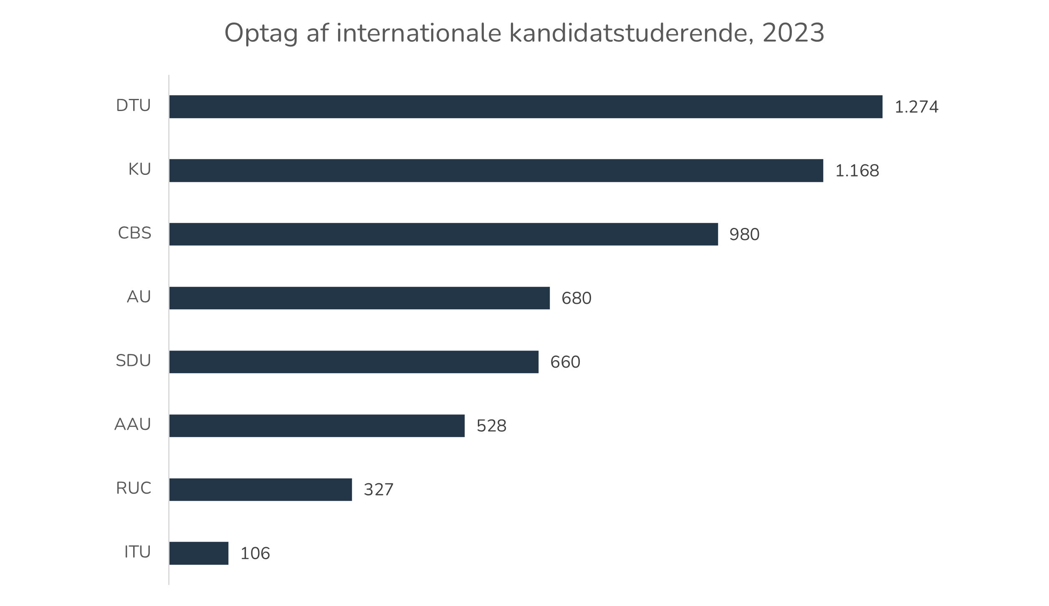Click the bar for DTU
[526, 107]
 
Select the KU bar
[496, 171]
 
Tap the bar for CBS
[444, 234]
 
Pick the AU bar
[359, 298]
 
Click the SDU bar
[354, 362]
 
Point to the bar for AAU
[317, 426]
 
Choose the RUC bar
[260, 490]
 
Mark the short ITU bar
[199, 553]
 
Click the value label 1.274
[916, 107]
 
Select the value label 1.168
[857, 171]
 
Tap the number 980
[744, 235]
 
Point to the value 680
[576, 298]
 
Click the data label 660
[565, 362]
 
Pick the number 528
[491, 426]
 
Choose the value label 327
[378, 490]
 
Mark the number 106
[255, 554]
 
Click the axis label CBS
[134, 233]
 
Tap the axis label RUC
[134, 488]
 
